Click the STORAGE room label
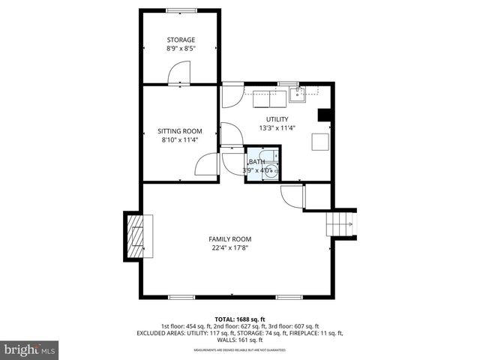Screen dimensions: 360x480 [181, 40]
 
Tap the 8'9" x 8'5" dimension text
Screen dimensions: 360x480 [181, 49]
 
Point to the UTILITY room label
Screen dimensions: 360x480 [277, 119]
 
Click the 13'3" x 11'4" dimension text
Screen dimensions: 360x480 [277, 128]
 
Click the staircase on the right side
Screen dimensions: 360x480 [339, 223]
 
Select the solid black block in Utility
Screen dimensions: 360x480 [324, 115]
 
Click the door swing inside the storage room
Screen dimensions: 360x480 [181, 73]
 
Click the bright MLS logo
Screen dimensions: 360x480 [30, 349]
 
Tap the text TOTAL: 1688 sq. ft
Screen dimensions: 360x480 [239, 319]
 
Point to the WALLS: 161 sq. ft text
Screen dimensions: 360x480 [240, 340]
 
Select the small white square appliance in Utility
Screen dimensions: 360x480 [320, 142]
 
